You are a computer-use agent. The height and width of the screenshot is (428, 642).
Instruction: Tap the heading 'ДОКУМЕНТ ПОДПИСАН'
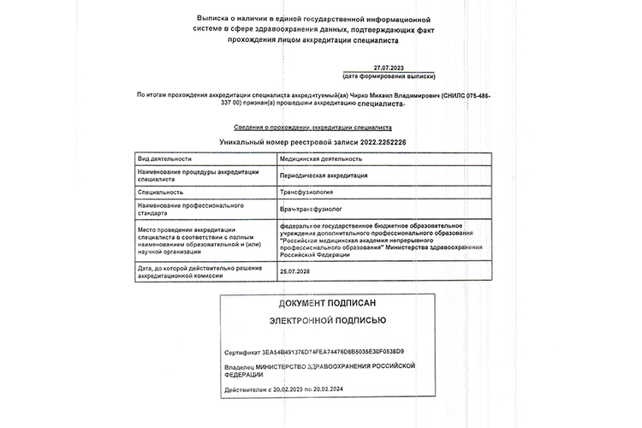pos(327,304)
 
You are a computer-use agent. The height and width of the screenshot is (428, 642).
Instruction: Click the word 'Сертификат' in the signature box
pos(241,352)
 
